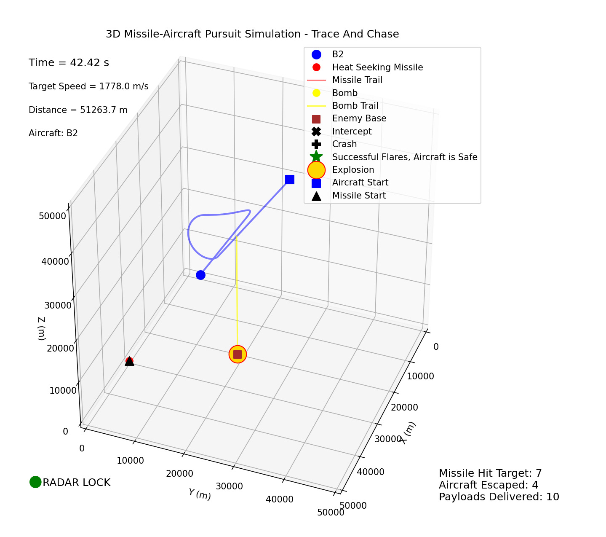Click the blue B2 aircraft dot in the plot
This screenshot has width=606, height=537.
click(200, 275)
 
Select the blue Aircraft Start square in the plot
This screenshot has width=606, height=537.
click(290, 180)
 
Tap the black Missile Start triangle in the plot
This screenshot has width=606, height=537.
click(129, 362)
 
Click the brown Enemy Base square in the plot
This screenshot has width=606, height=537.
click(238, 354)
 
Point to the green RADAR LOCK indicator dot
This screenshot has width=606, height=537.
click(35, 482)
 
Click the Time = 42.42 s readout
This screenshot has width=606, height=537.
click(69, 63)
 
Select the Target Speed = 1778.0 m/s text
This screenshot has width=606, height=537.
click(88, 86)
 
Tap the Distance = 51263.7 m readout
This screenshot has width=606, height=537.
click(78, 110)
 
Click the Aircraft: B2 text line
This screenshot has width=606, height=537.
click(53, 133)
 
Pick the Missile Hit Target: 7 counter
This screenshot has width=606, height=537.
click(490, 473)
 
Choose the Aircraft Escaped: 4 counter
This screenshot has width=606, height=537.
click(489, 485)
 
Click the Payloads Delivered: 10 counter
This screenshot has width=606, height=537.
click(499, 497)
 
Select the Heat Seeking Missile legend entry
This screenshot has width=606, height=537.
click(377, 67)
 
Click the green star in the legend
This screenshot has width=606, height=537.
click(316, 157)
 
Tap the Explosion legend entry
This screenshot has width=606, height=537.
click(353, 170)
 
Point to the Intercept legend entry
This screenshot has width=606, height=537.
click(352, 132)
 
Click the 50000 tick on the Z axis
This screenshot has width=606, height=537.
click(52, 216)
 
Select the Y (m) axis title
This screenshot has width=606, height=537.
click(200, 494)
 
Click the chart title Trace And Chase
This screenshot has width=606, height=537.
click(252, 34)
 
